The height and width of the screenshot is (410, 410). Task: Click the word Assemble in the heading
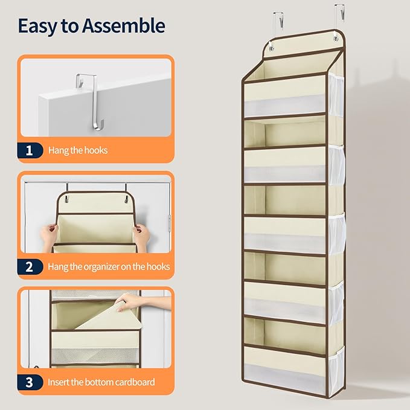(123, 25)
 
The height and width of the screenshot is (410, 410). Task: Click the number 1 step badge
(30, 150)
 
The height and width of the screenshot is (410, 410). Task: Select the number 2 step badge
(30, 267)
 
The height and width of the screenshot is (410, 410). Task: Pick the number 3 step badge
(30, 382)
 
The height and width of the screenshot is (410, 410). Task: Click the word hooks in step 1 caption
(96, 150)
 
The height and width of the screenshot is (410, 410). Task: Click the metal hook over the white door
(90, 101)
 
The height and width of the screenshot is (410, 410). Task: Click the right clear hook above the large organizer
(340, 14)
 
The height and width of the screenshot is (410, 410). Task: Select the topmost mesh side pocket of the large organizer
(336, 95)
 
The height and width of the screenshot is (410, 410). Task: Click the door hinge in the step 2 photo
(170, 223)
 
